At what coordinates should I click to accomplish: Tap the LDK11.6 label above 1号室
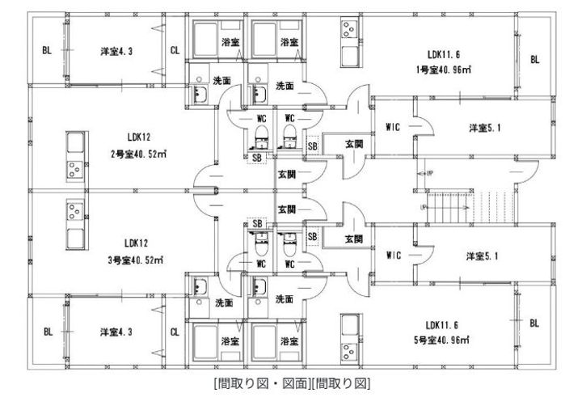point(443,55)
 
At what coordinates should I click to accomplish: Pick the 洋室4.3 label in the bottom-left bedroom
point(116,332)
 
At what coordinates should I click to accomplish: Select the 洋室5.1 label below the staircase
point(483,256)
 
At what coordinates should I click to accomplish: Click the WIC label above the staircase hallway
point(394,127)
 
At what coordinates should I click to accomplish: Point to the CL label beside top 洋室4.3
point(175,49)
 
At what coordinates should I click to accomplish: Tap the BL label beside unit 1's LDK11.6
point(534,59)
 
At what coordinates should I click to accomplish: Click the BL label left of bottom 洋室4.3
point(48,332)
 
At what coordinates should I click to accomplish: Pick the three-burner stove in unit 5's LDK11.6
point(348,350)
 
